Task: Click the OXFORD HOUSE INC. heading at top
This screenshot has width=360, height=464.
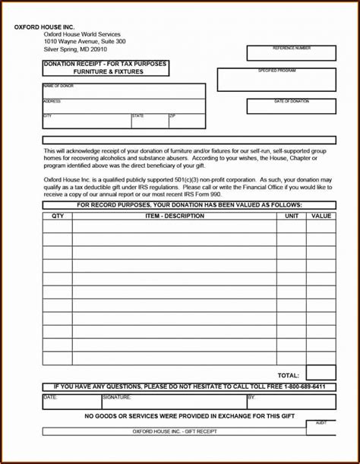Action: point(44,27)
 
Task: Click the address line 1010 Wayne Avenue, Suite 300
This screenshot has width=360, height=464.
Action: point(84,41)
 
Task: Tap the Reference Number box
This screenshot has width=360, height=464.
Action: point(291,54)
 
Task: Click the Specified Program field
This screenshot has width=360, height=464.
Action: point(276,80)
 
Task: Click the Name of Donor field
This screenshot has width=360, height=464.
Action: point(124,91)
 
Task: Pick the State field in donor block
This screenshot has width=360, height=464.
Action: point(149,122)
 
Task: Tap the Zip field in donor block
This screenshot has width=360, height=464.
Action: point(186,122)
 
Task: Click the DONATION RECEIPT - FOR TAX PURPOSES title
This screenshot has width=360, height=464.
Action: point(106,64)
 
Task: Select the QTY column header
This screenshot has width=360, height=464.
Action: point(58,216)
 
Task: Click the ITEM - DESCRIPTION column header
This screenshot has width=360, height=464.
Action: point(175,216)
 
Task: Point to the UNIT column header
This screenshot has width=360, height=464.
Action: point(292,216)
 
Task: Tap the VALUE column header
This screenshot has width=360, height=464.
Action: point(321,216)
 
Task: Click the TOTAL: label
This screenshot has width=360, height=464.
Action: point(288,375)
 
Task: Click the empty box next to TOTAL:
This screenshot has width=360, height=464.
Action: point(321,373)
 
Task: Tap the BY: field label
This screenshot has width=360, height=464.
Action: point(251,396)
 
